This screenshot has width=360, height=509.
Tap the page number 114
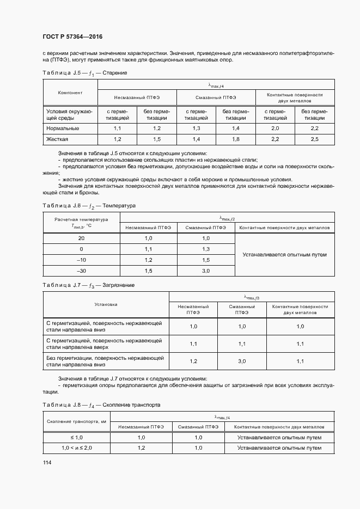48,462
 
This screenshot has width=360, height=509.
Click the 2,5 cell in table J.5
314,139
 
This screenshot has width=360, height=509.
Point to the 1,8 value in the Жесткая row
235,139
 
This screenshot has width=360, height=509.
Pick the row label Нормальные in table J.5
62,128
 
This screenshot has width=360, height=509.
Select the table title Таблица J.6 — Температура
89,206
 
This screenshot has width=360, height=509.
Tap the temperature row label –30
81,271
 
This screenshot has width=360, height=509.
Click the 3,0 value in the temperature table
206,271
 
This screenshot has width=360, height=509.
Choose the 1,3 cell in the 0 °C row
206,249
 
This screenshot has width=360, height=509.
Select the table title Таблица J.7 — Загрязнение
88,285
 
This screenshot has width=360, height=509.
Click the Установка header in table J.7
106,304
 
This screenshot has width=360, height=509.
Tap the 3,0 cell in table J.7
242,361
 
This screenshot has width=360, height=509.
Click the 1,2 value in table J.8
141,447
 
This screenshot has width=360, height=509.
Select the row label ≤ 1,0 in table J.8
77,437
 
